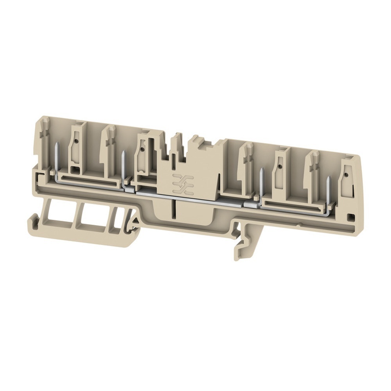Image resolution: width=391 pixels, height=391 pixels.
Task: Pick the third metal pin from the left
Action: point(261,184)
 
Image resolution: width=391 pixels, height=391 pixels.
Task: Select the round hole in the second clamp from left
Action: point(142,149)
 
